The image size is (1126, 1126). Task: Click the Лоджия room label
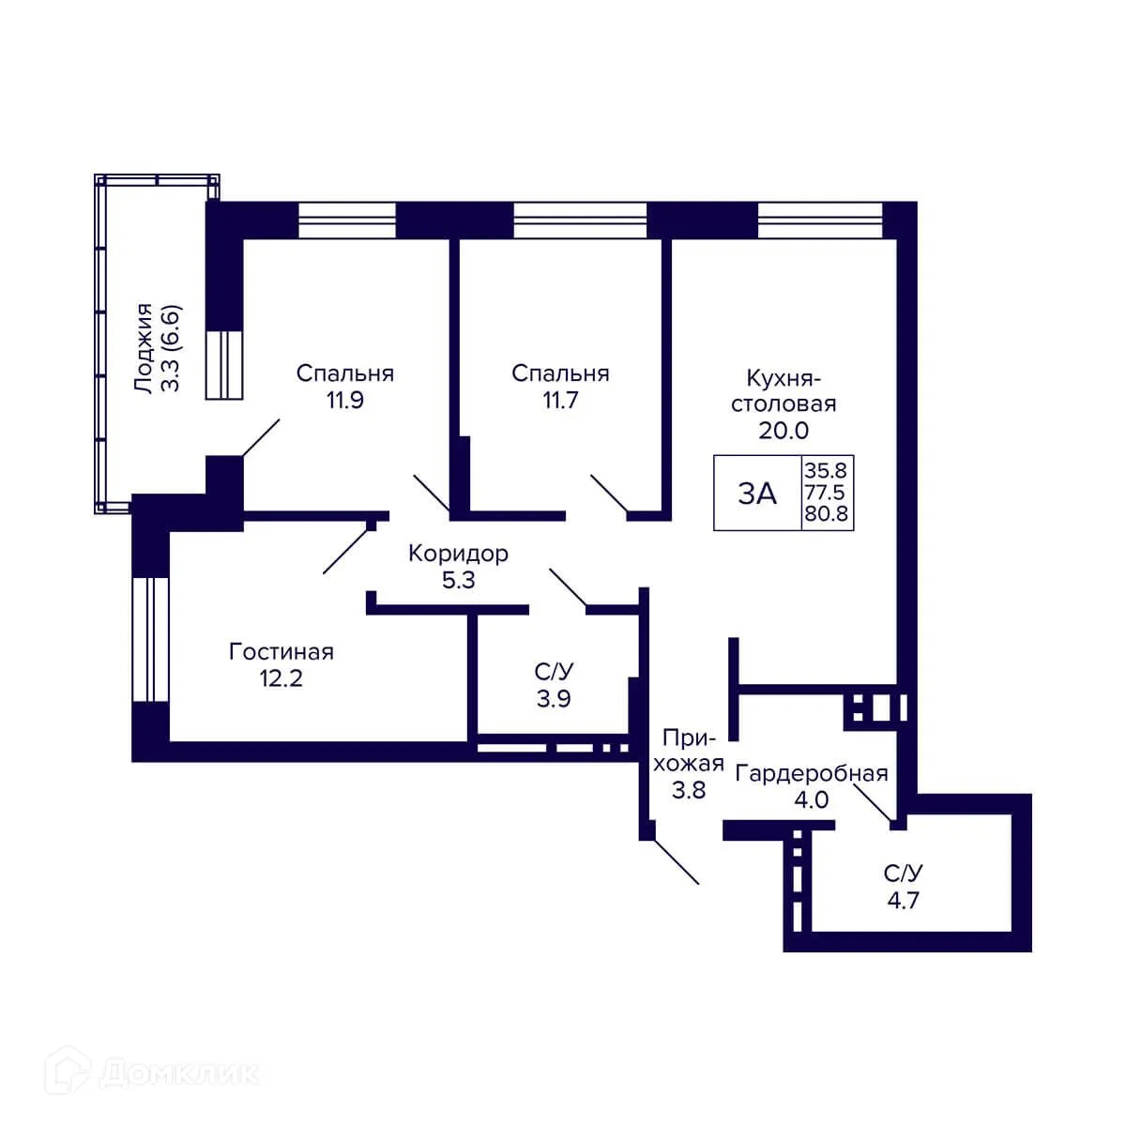[144, 348]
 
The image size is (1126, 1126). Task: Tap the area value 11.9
[344, 401]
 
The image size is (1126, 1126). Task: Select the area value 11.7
[560, 401]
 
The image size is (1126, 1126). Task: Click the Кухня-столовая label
[784, 391]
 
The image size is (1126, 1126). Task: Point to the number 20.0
[784, 431]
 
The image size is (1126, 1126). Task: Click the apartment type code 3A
[757, 494]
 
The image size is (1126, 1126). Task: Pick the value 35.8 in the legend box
[825, 470]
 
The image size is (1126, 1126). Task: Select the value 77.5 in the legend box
[825, 492]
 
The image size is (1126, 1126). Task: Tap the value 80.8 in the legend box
[826, 513]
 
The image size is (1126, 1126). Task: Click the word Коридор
[458, 554]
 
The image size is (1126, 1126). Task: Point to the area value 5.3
[459, 580]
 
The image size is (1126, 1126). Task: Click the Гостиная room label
[281, 651]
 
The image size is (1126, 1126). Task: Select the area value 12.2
[281, 678]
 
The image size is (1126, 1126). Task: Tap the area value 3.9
[554, 698]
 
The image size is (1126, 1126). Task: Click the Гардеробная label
[812, 774]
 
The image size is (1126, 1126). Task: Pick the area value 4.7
[904, 901]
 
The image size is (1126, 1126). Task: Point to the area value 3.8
[689, 791]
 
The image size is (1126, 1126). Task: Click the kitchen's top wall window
[820, 221]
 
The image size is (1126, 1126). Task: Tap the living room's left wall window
[151, 639]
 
